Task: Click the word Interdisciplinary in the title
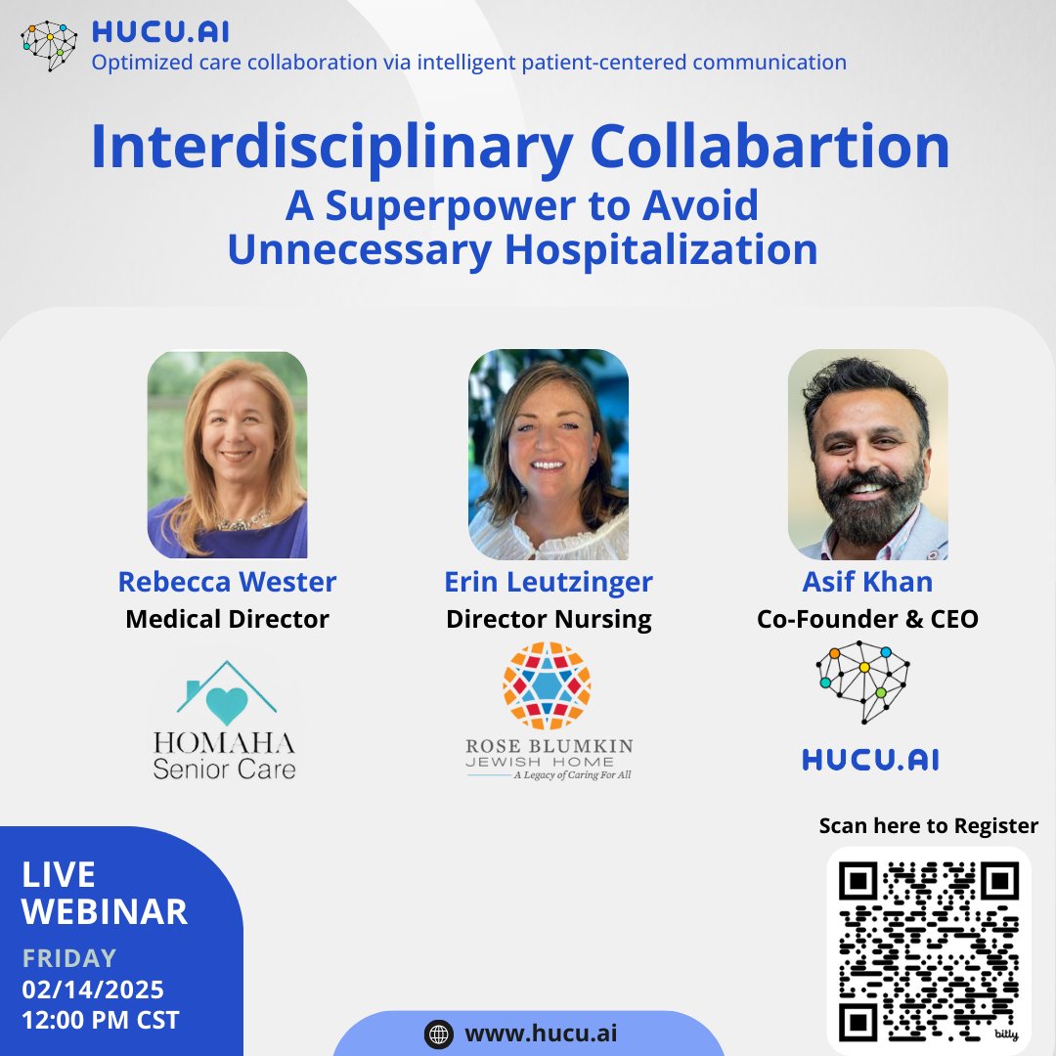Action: click(331, 148)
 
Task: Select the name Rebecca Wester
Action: click(227, 582)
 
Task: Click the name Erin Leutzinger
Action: click(549, 582)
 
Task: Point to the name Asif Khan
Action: click(867, 582)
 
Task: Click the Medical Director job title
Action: click(227, 619)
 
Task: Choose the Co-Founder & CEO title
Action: click(867, 619)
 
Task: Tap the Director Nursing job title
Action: click(549, 619)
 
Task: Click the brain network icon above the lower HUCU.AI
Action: click(864, 682)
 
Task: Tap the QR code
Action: click(929, 948)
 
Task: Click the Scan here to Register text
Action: click(929, 826)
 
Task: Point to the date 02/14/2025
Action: click(93, 989)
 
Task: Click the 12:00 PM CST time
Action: click(101, 1020)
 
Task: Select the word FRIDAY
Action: click(69, 958)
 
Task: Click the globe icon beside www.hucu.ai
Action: click(438, 1034)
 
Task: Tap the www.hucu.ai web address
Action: click(541, 1034)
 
